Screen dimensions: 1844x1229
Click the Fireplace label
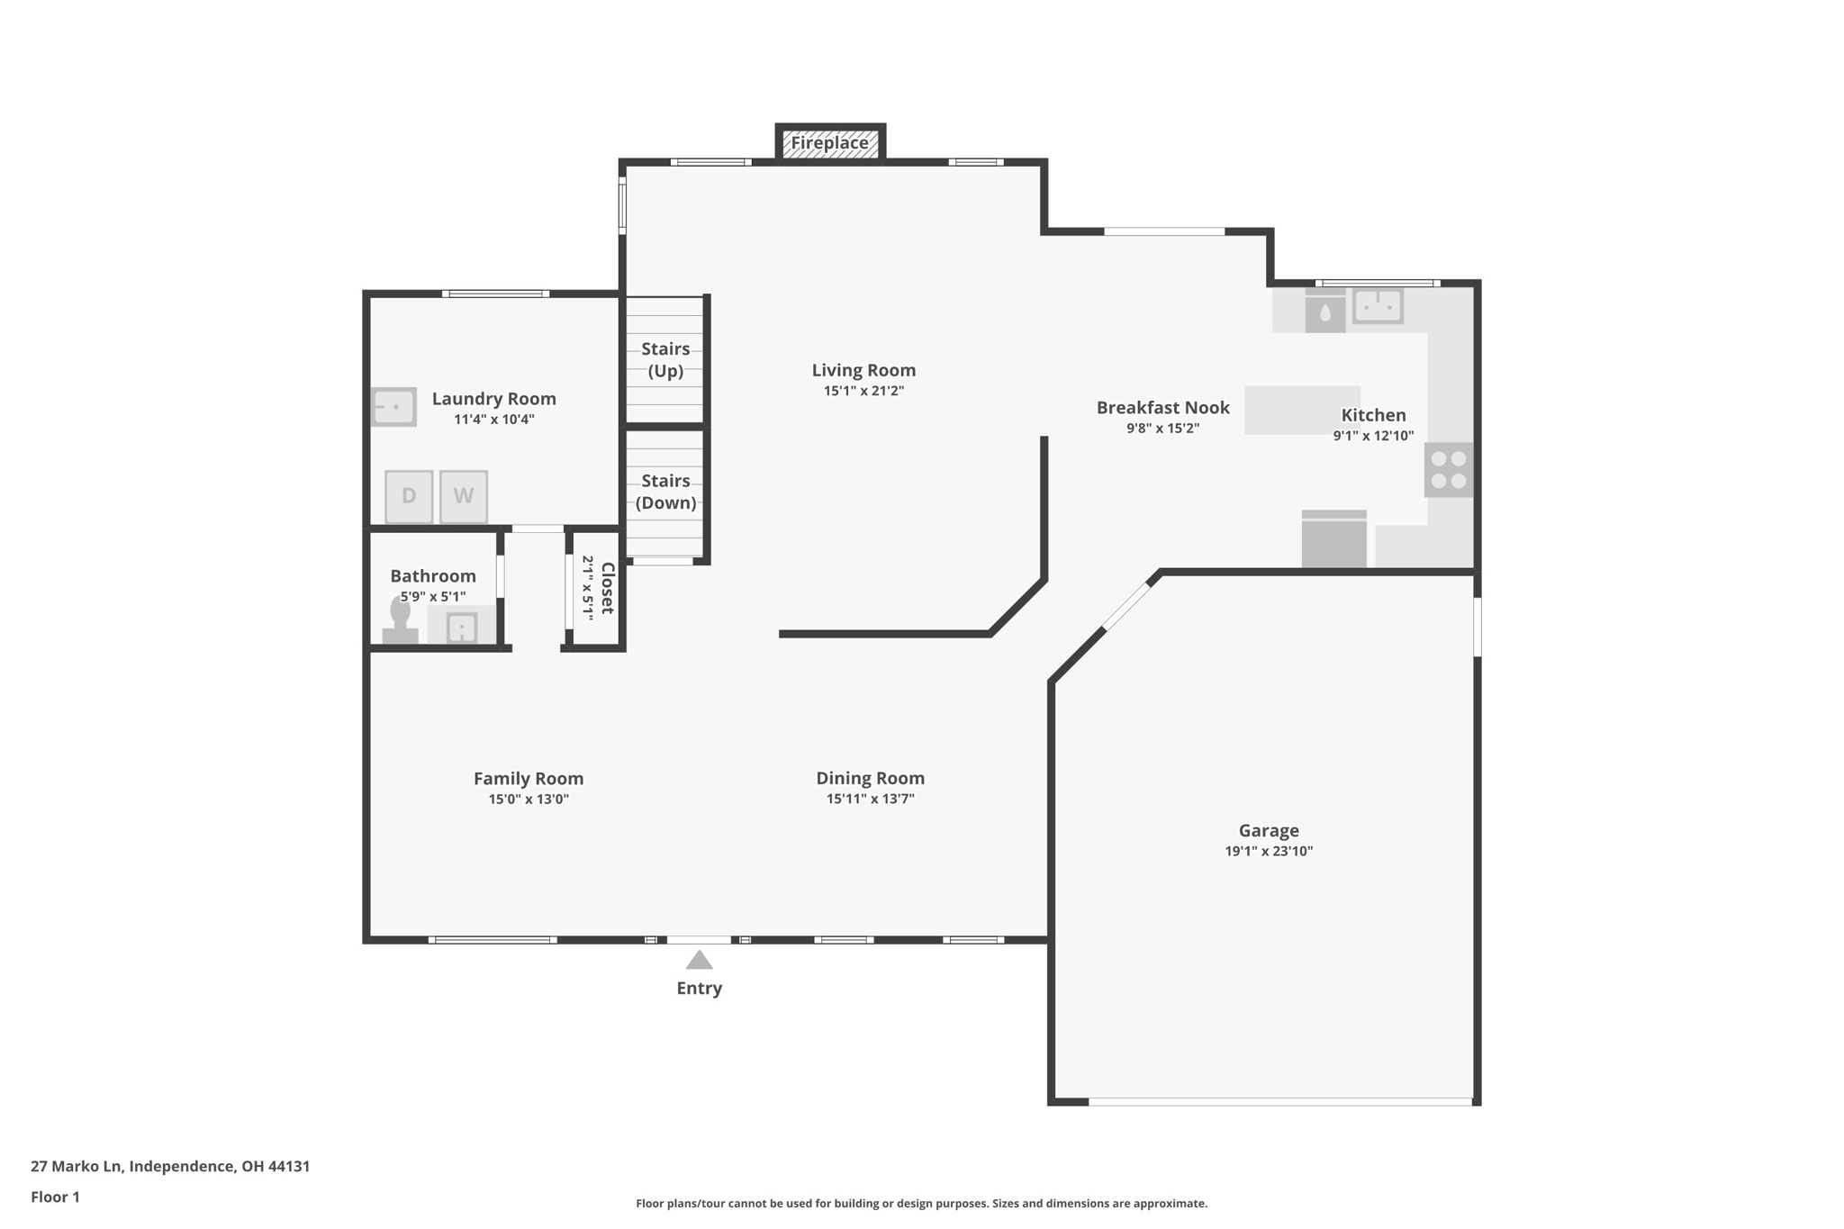tap(829, 143)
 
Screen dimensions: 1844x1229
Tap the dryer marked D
tap(409, 496)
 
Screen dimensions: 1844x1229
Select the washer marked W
tap(464, 496)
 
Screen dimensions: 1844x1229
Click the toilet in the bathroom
tap(401, 620)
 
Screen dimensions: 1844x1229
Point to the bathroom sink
tap(462, 627)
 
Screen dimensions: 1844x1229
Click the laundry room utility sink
tap(394, 407)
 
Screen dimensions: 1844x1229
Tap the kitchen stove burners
tap(1449, 470)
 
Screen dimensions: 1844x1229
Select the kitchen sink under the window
tap(1378, 306)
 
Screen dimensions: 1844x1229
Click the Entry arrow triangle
tap(700, 960)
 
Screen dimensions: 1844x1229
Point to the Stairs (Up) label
tap(665, 360)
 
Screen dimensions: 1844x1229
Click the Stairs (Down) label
tap(665, 493)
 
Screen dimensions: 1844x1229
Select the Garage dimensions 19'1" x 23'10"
tap(1269, 852)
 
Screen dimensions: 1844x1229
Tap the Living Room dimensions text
tap(863, 391)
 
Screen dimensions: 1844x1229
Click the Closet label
tap(608, 588)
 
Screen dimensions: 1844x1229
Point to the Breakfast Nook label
tap(1162, 408)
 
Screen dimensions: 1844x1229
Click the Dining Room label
tap(870, 778)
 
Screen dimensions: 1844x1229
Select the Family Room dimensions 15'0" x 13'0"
tap(529, 800)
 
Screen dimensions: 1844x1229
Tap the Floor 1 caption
tap(55, 1197)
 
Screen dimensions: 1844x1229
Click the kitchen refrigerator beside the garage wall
tap(1334, 539)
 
